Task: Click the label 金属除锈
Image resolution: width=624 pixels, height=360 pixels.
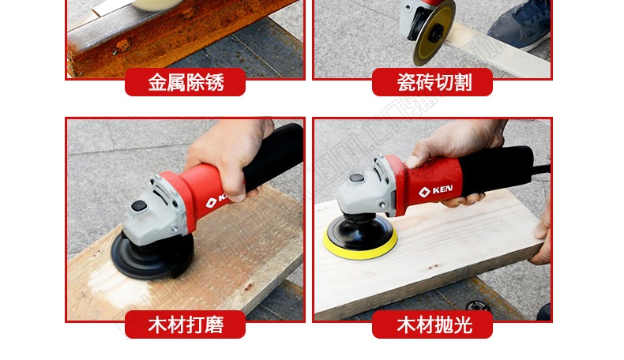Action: (x=186, y=82)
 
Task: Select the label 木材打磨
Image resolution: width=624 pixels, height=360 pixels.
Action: (x=186, y=324)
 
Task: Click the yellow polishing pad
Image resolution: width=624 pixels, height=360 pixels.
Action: (x=360, y=247)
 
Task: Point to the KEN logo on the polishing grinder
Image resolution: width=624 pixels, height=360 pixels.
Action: (x=435, y=190)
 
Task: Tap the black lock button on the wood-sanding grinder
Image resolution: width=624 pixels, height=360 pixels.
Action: (x=138, y=205)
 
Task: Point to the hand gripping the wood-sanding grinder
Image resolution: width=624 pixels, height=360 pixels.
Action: (x=229, y=156)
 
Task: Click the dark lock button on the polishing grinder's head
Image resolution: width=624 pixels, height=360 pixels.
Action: (x=356, y=178)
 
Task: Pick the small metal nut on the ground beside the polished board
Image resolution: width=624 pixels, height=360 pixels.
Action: (x=476, y=306)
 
